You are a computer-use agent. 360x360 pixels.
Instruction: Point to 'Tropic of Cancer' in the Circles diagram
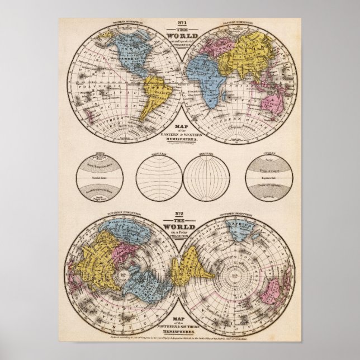pos(258,170)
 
